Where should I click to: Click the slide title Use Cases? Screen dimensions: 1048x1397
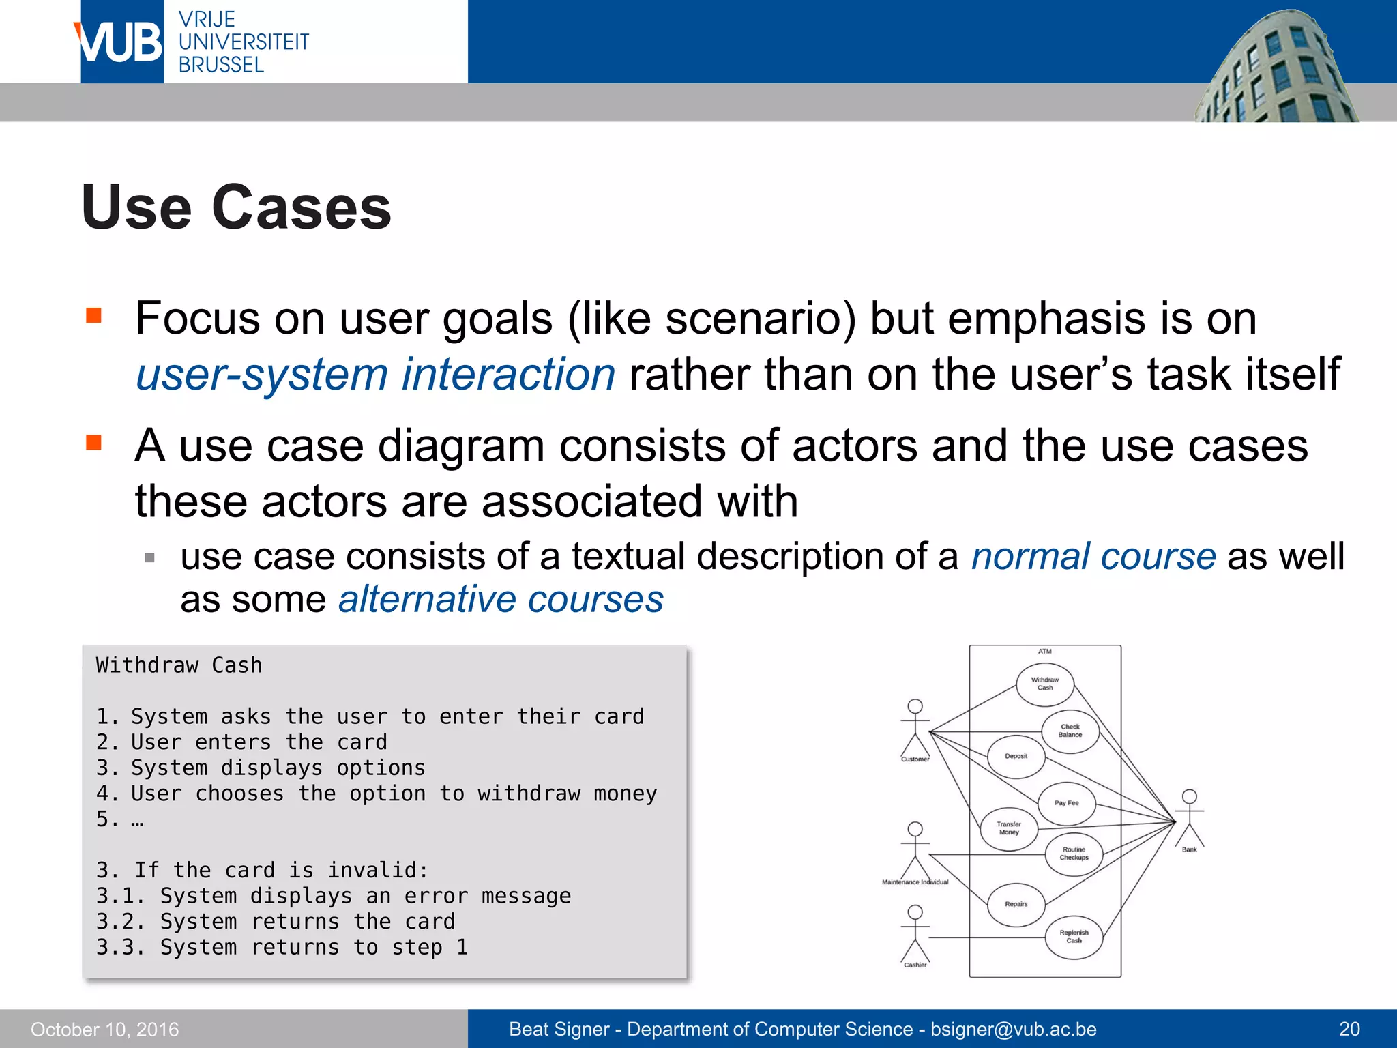[x=236, y=207]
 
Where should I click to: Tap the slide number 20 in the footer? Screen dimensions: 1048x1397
[x=1349, y=1029]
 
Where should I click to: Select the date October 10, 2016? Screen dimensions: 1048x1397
[x=104, y=1030]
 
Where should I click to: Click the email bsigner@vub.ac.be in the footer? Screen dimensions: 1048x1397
[x=1013, y=1029]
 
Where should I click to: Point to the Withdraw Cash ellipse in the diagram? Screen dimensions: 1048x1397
[x=1044, y=684]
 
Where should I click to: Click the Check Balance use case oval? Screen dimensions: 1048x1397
[x=1070, y=731]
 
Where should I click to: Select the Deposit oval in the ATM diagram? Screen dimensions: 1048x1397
[x=1016, y=756]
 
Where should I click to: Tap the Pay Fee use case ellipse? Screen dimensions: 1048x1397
[x=1066, y=803]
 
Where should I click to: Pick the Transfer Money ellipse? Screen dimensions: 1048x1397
[x=1008, y=828]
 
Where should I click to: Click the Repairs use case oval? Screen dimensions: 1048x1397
[x=1016, y=904]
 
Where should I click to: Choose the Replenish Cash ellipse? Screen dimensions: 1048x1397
[x=1074, y=937]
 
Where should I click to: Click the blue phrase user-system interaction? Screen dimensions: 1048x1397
[x=375, y=375]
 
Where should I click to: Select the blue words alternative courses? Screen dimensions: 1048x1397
[x=501, y=600]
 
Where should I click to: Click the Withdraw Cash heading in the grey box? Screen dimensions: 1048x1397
[x=179, y=665]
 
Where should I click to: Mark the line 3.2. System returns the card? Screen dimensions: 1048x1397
[x=275, y=922]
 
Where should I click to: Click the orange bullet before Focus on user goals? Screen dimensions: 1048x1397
[x=93, y=315]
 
